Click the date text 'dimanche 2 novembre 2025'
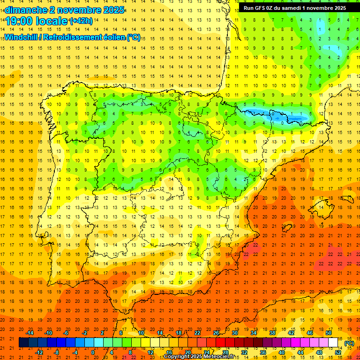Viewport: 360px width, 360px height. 65,10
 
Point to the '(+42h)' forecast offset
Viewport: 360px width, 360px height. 81,21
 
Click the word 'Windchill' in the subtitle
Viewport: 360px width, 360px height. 22,37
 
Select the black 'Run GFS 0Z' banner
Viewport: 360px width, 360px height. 294,8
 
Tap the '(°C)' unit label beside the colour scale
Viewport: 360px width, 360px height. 349,343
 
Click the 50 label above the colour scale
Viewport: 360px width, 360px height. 328,333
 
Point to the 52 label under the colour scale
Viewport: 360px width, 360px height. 338,352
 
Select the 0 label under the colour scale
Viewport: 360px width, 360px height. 93,352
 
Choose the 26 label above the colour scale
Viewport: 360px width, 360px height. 216,333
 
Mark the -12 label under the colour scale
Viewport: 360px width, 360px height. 39,352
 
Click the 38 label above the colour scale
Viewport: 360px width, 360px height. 272,333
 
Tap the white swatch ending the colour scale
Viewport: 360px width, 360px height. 333,343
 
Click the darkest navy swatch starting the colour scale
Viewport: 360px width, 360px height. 23,343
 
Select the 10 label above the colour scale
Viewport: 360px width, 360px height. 141,333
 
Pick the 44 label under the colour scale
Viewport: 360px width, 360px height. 300,352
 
